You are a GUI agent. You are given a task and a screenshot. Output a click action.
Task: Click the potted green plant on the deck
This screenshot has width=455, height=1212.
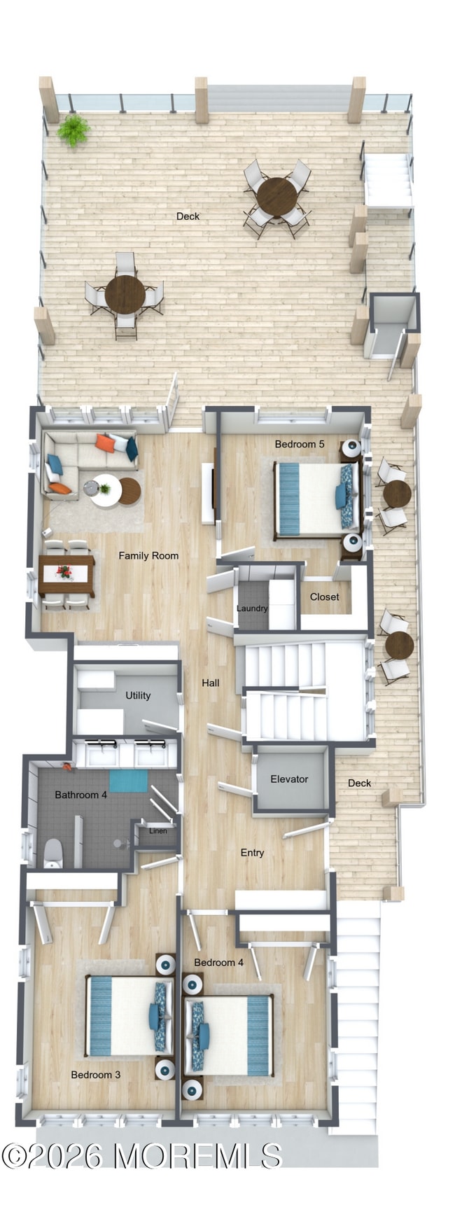coord(73,130)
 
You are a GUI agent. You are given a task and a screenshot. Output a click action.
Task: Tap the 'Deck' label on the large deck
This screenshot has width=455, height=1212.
coord(188,216)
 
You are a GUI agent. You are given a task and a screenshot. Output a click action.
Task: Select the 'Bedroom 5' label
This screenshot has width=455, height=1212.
coord(299,444)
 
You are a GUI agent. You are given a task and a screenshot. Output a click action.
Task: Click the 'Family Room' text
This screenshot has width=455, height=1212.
coord(148,556)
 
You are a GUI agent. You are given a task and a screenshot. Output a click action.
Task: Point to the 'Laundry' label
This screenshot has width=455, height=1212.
coord(252,608)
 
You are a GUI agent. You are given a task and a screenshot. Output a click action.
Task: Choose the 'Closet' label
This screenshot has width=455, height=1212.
coord(324,597)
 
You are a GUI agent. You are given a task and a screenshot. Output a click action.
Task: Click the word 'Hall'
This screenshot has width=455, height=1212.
coord(211,683)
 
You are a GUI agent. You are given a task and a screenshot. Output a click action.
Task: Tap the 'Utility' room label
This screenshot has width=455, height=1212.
coord(138,695)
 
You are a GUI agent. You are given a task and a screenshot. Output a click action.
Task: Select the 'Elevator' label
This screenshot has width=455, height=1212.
coord(289,779)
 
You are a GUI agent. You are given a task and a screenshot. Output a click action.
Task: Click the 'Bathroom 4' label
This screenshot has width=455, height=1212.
coord(81,795)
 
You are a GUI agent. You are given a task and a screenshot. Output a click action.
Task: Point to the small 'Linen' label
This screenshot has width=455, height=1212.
coord(158,830)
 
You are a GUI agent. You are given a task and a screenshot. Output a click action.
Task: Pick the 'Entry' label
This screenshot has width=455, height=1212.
coord(252,853)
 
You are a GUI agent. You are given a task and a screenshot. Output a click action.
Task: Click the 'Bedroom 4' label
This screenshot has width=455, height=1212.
coord(218,963)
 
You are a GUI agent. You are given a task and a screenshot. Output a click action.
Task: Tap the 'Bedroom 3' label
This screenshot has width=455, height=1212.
coord(96,1075)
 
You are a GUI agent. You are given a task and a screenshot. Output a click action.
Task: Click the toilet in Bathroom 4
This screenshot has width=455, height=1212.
coord(53,854)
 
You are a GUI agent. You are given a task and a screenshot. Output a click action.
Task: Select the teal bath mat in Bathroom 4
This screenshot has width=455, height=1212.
coord(128,781)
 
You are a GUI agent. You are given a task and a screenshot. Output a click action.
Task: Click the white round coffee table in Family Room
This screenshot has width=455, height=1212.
coord(105,490)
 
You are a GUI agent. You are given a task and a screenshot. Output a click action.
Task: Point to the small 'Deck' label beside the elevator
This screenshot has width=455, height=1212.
coord(359,783)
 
